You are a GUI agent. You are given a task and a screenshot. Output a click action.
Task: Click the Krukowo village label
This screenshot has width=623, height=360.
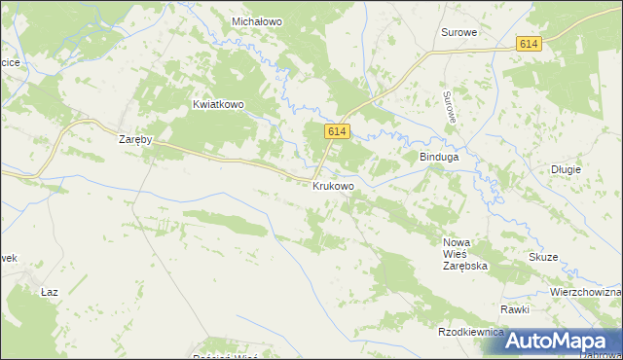coord(333,185)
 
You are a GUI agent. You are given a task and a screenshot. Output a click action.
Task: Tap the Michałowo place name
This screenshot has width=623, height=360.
coord(257,20)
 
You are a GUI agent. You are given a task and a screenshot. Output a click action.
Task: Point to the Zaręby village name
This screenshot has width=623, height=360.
coord(135,139)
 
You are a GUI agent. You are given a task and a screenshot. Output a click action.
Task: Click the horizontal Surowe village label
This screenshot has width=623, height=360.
coord(458,32)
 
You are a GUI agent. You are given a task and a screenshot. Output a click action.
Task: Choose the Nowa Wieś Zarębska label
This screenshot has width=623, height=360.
coord(464,253)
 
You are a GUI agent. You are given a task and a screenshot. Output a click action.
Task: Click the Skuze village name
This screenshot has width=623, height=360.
coord(543,257)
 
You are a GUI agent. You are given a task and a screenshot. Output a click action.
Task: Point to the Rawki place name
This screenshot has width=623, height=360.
coord(515,309)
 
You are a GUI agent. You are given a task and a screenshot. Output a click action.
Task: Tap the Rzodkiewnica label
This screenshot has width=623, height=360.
coord(471,332)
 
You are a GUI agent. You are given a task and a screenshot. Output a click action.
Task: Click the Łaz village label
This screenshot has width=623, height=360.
coord(51,291)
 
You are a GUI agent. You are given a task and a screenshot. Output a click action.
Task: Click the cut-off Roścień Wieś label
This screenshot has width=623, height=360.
coord(224,356)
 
